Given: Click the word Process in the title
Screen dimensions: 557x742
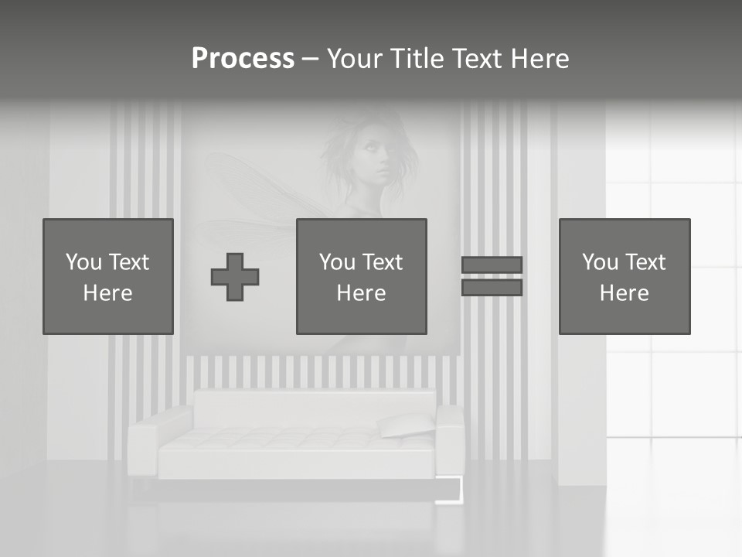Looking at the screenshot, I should [x=243, y=58].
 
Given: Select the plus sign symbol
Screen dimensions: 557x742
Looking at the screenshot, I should [x=235, y=277].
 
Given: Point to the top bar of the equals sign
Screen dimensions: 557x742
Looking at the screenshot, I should [x=492, y=265].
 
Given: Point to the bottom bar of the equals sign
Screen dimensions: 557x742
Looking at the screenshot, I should [x=492, y=288].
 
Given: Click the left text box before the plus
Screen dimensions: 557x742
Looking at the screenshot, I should [x=108, y=276].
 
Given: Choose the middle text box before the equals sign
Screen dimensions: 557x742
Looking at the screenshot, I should [x=362, y=276].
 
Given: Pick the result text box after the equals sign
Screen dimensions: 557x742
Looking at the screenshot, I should [x=625, y=276].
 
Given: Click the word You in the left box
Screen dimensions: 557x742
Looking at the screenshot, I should [x=83, y=262].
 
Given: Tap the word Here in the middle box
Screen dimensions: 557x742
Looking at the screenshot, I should [x=362, y=293].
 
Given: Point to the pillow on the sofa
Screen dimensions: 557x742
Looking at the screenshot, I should [x=407, y=425].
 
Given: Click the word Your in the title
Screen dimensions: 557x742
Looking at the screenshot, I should [x=358, y=59].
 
